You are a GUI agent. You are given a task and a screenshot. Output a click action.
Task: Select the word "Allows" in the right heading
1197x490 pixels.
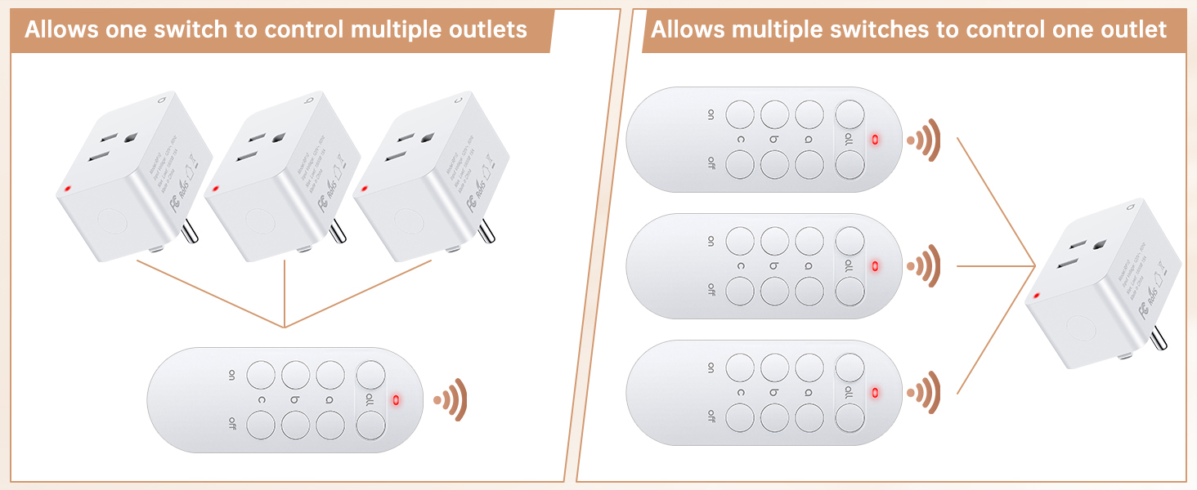[688, 30]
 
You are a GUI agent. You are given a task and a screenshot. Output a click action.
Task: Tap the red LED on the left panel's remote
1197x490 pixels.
[397, 400]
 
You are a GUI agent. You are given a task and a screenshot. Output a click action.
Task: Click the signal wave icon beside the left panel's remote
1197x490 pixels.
[452, 400]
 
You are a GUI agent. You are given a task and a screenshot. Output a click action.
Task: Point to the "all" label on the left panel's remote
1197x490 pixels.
[370, 399]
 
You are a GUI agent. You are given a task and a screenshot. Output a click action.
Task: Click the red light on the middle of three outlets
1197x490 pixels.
[216, 189]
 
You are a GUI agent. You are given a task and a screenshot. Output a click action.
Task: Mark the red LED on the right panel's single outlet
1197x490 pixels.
[1037, 295]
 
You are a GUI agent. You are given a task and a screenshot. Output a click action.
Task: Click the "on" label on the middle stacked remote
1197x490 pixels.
[711, 242]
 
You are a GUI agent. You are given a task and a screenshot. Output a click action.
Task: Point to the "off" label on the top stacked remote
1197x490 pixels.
[711, 163]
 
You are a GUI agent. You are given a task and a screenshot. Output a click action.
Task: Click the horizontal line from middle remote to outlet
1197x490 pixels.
[993, 265]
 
